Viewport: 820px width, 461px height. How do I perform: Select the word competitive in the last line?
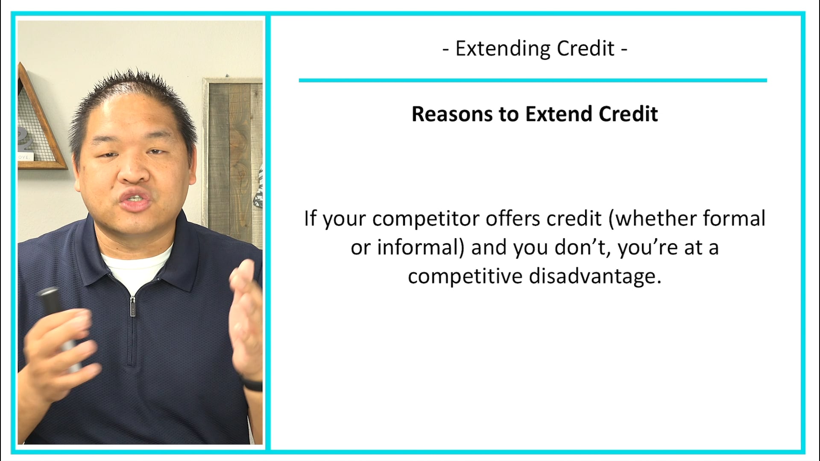pos(465,277)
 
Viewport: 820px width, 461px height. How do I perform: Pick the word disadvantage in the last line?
pos(595,277)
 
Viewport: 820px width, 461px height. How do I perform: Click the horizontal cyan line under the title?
pos(533,80)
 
